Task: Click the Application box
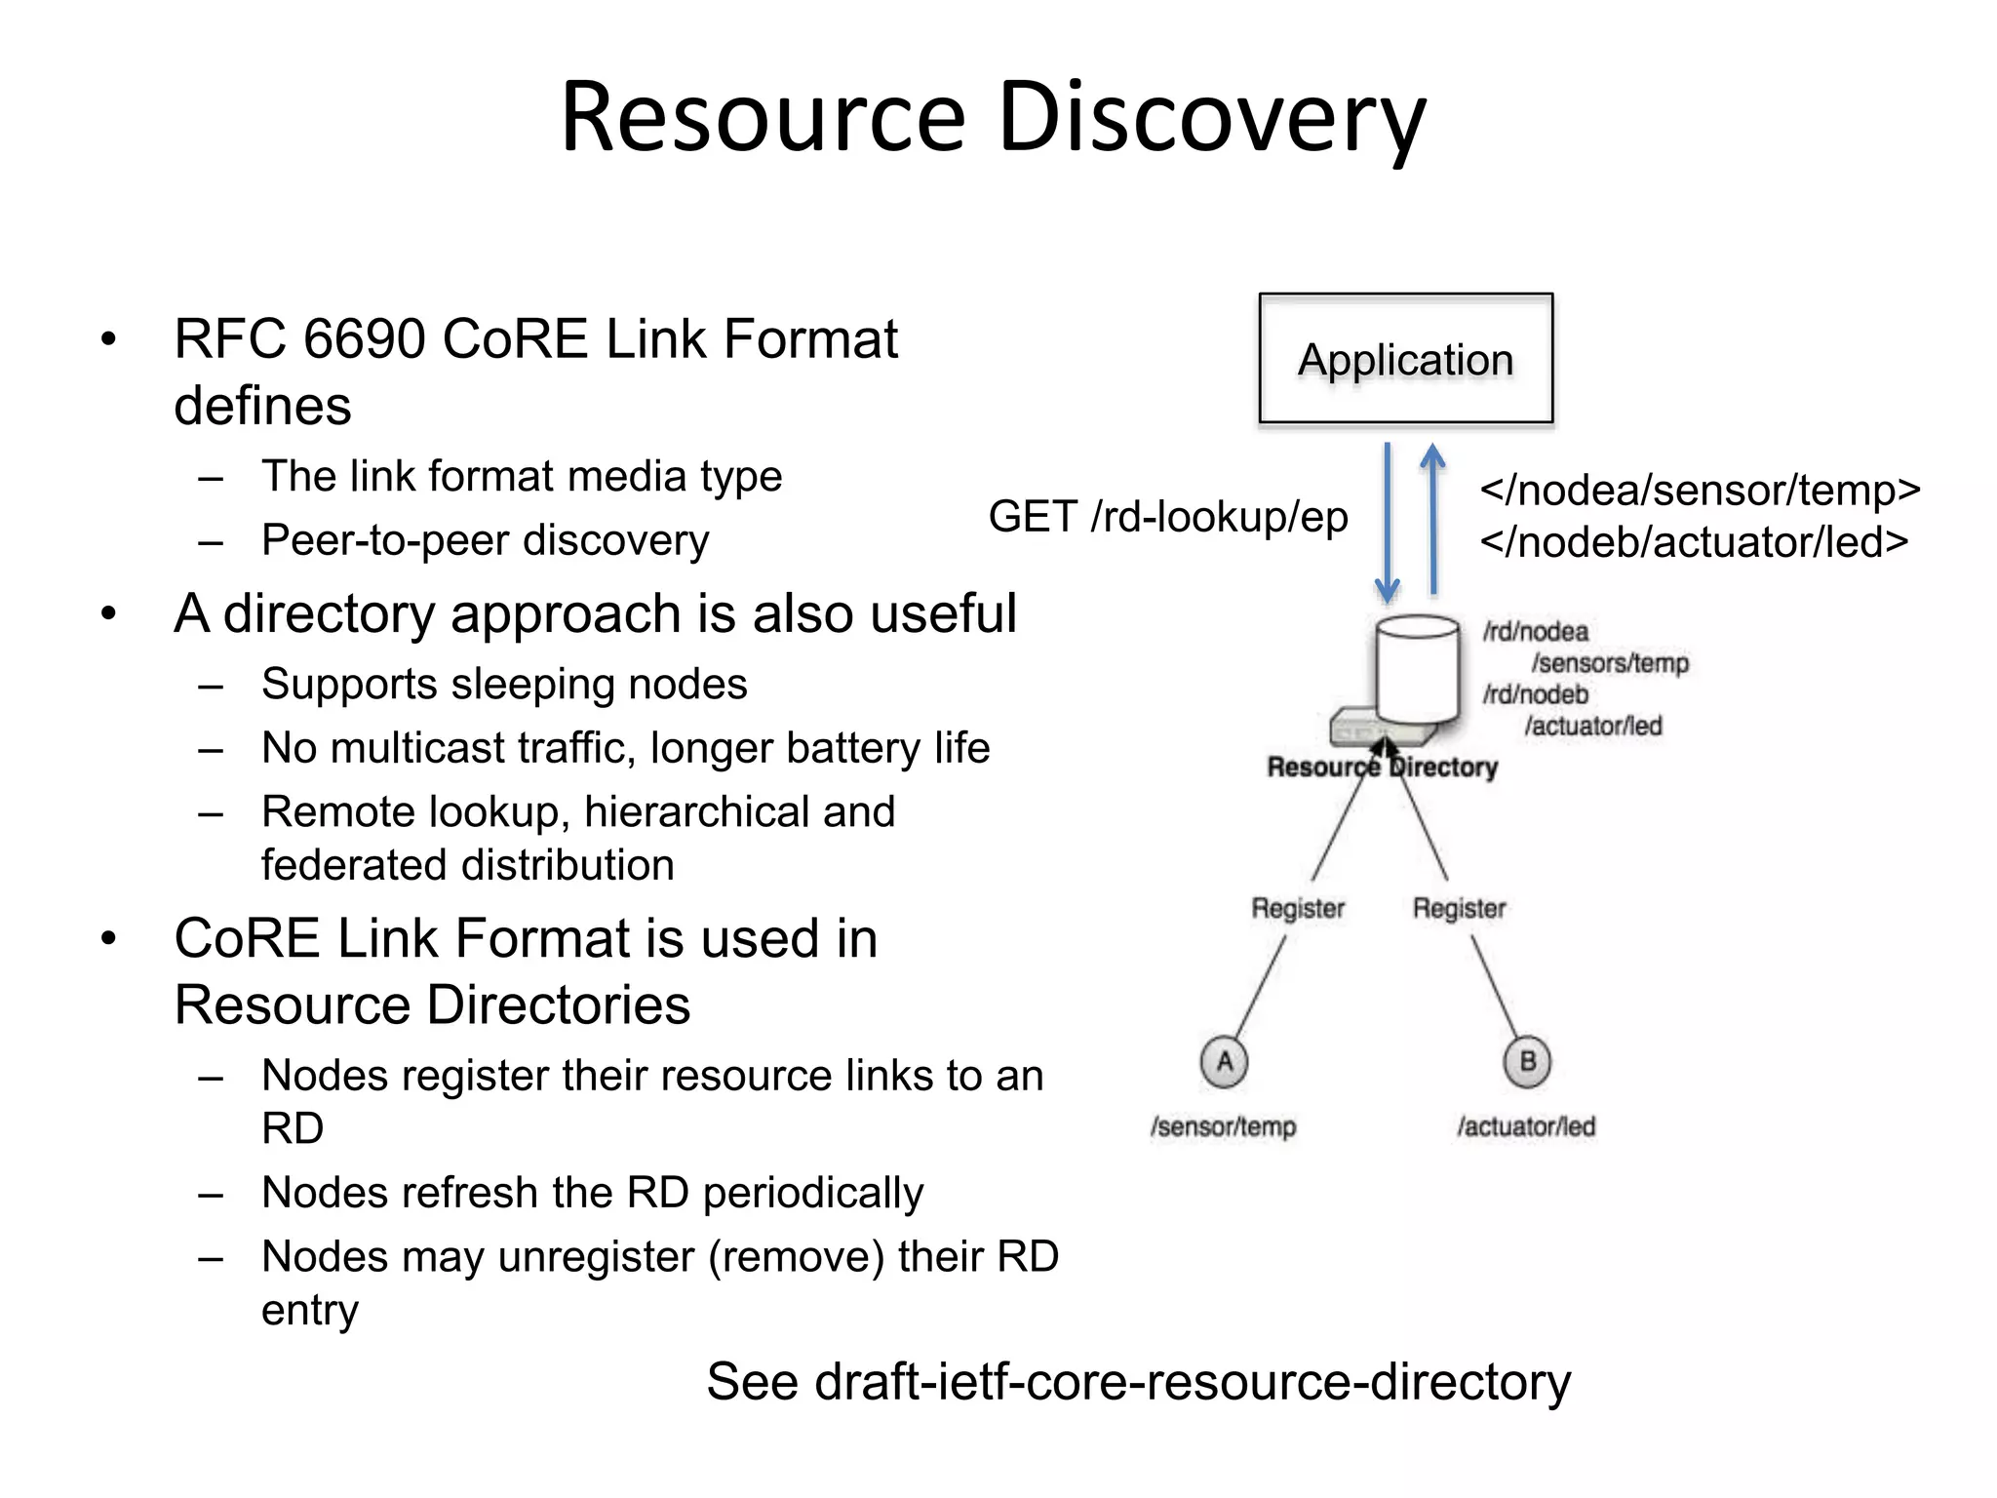pyautogui.click(x=1405, y=358)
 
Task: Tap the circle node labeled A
pyautogui.click(x=1225, y=1061)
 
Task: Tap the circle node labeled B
pyautogui.click(x=1527, y=1061)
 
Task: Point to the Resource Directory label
pyautogui.click(x=1382, y=768)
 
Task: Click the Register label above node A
pyautogui.click(x=1298, y=908)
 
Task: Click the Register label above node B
pyautogui.click(x=1459, y=908)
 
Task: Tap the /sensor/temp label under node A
pyautogui.click(x=1223, y=1126)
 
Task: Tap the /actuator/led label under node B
pyautogui.click(x=1526, y=1126)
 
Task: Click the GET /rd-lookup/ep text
pyautogui.click(x=1167, y=516)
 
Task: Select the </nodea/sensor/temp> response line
pyautogui.click(x=1700, y=490)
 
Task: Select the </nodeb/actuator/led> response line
pyautogui.click(x=1694, y=542)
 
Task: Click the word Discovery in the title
pyautogui.click(x=1211, y=117)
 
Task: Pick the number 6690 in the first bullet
pyautogui.click(x=365, y=339)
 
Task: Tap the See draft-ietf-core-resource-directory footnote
pyautogui.click(x=1138, y=1381)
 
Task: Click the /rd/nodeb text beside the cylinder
pyautogui.click(x=1536, y=694)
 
